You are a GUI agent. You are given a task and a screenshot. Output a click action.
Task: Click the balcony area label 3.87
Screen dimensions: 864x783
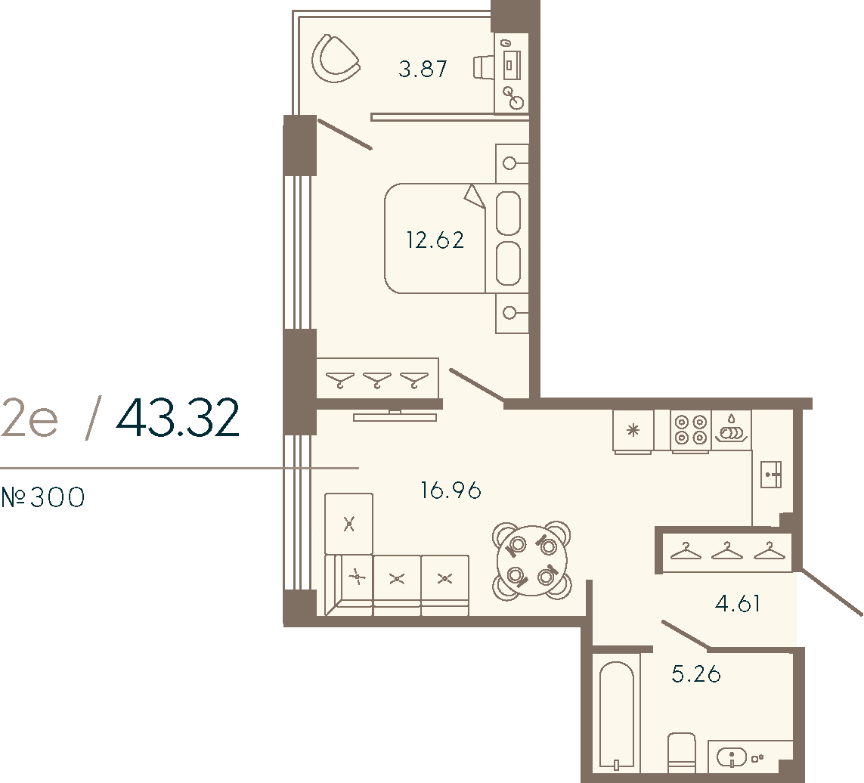click(x=423, y=70)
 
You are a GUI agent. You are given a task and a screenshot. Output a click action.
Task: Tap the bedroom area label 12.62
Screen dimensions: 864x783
click(x=435, y=240)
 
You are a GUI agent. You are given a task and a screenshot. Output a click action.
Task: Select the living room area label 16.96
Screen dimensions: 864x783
click(x=451, y=491)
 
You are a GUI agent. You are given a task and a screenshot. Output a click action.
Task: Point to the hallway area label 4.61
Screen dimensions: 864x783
click(x=738, y=604)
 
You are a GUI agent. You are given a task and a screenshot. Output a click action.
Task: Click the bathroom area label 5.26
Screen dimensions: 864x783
click(x=696, y=673)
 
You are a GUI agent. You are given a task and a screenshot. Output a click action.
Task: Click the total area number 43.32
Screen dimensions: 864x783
click(x=178, y=419)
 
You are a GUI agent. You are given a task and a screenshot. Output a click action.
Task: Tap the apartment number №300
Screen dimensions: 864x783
click(x=43, y=498)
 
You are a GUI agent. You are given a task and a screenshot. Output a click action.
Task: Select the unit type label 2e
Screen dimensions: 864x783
click(x=29, y=419)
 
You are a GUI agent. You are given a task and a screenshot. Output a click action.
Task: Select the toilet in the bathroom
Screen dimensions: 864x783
click(x=682, y=752)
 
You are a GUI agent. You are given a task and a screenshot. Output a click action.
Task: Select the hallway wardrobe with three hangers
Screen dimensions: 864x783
click(x=726, y=552)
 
